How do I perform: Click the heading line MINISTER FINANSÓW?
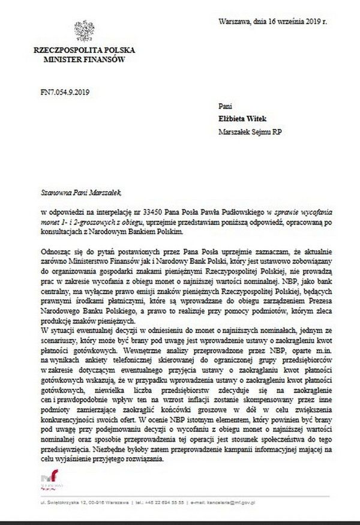tap(83, 60)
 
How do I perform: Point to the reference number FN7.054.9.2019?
tap(62, 91)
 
